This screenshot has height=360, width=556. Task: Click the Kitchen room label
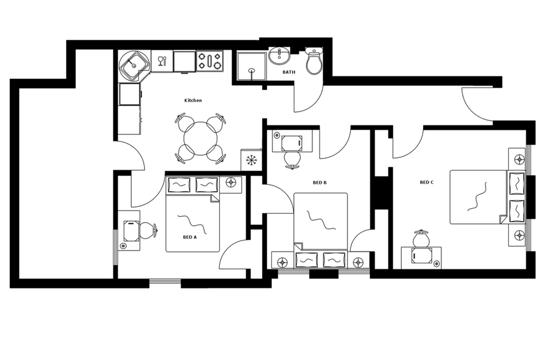tap(193, 100)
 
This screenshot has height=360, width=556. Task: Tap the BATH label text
tap(288, 72)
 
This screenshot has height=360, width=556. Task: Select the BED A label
tap(190, 237)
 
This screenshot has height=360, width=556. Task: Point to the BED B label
tap(319, 183)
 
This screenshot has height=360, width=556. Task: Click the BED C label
tap(427, 182)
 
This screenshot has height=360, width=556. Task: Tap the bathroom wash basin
tap(280, 57)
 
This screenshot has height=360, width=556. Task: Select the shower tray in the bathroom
tap(252, 67)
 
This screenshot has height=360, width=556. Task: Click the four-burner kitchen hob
tap(209, 61)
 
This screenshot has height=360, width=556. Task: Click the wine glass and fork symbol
tap(162, 61)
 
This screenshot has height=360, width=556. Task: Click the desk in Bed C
tap(422, 255)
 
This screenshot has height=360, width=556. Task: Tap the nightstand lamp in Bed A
tap(231, 182)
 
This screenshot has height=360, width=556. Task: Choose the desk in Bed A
tap(130, 231)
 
